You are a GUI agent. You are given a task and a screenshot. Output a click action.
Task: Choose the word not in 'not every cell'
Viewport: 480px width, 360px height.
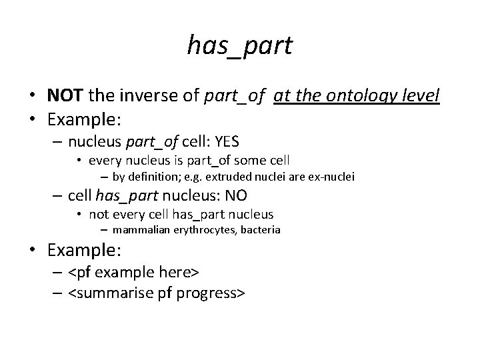(99, 214)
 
